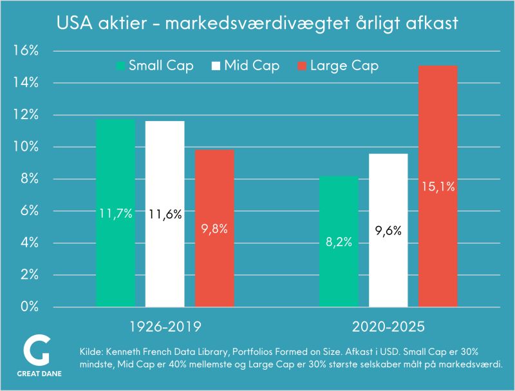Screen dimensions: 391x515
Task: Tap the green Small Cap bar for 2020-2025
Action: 339,271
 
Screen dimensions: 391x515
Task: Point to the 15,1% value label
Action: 438,187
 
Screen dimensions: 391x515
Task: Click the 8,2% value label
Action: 339,242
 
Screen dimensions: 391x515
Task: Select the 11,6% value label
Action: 165,214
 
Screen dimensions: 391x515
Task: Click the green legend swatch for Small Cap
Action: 121,66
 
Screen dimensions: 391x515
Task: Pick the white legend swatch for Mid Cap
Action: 216,66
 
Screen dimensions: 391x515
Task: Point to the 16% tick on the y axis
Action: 26,51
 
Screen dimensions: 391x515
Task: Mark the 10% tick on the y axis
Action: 26,147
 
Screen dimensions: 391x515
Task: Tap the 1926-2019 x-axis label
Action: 165,327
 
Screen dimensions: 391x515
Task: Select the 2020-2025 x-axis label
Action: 388,327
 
